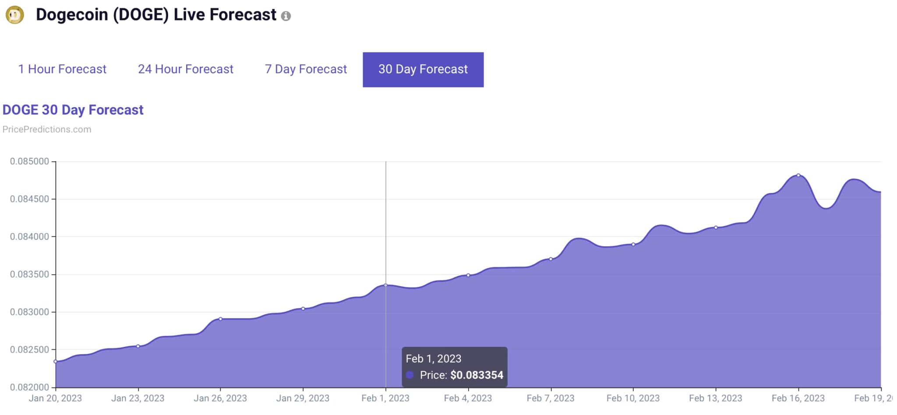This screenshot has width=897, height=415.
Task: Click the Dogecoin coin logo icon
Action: pos(14,15)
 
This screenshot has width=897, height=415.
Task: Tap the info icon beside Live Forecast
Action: pos(286,16)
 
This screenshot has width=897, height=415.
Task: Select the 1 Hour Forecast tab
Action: pos(62,69)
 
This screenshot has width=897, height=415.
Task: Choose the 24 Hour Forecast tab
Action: pos(185,69)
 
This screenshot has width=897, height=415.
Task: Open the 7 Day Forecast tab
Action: pos(306,69)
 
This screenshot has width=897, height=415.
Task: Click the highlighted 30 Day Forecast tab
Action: pos(423,70)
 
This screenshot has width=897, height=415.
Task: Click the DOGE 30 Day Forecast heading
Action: pos(73,110)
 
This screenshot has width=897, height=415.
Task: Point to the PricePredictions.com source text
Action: pos(47,129)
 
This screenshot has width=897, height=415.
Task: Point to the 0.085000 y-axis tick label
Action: pos(29,161)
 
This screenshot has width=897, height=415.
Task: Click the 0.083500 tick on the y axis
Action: pos(29,274)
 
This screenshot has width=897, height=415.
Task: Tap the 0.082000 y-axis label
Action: pos(29,387)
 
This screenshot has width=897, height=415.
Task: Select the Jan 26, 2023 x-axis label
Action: pos(220,398)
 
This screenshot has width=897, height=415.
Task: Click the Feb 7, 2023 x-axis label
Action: pos(551,398)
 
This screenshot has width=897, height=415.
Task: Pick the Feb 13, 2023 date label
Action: pos(715,398)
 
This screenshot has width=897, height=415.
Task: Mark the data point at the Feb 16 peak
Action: pos(798,175)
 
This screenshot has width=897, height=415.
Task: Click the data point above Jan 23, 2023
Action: pos(138,346)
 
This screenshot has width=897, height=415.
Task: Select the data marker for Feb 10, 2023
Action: pos(633,244)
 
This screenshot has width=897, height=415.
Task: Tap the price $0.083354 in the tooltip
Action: pos(477,375)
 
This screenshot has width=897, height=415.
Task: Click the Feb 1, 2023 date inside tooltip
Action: pos(433,359)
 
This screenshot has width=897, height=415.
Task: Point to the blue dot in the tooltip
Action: pos(410,375)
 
